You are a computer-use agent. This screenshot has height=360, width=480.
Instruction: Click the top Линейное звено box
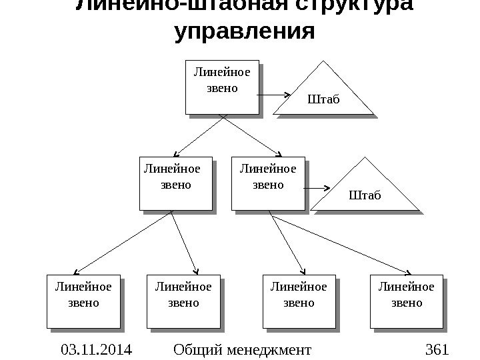[x=221, y=87]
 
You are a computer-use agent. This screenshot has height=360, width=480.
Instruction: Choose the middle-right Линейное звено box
[x=267, y=183]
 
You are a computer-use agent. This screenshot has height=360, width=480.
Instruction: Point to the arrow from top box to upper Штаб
[x=272, y=95]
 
